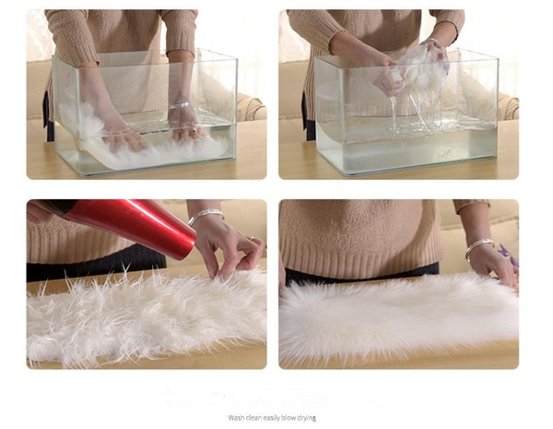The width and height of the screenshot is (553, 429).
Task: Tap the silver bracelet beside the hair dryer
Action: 205,215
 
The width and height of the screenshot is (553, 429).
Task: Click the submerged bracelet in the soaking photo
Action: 180,105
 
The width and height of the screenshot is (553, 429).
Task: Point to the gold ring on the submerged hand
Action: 194,132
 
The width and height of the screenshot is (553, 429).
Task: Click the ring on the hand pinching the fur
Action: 253,238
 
